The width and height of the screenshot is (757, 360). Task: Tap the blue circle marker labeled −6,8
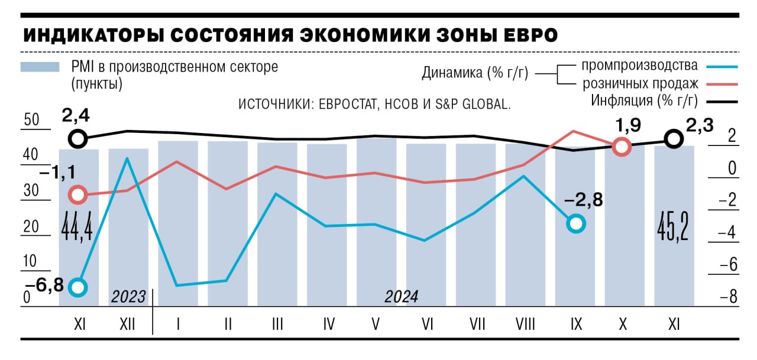(78, 287)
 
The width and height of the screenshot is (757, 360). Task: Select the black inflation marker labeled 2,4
(78, 140)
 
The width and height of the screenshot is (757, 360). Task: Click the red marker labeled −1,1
(78, 194)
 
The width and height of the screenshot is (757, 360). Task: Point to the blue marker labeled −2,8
(575, 223)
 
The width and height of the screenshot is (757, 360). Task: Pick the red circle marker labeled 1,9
(622, 147)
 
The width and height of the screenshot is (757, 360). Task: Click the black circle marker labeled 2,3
(672, 140)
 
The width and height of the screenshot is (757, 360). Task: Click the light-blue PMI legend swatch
(40, 67)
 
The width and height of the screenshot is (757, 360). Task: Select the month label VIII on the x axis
(525, 324)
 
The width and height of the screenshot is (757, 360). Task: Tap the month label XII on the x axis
(128, 324)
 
